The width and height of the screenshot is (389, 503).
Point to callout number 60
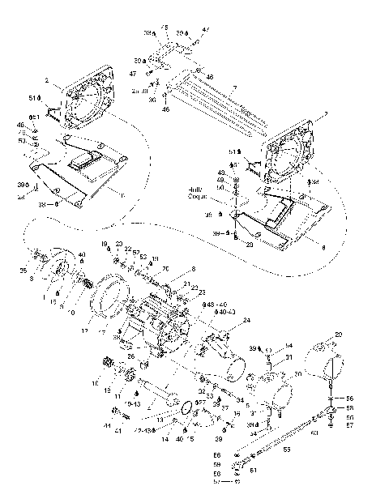point(314,433)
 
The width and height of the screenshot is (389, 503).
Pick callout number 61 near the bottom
point(253,470)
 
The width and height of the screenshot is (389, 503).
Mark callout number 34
point(240,399)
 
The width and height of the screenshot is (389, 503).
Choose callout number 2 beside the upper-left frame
point(48,81)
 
